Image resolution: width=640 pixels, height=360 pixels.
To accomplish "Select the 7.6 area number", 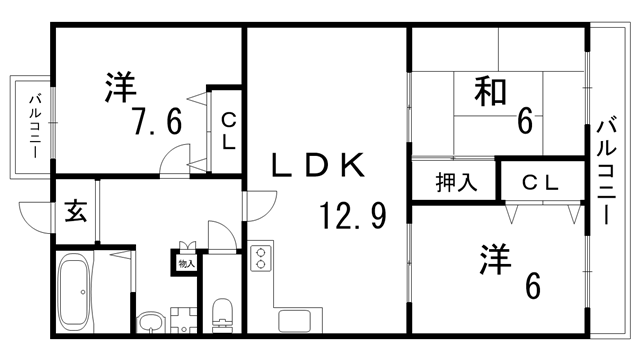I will (158, 123).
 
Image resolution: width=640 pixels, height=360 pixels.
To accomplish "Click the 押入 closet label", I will (454, 183).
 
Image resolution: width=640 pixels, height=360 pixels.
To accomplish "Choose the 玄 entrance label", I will (76, 211).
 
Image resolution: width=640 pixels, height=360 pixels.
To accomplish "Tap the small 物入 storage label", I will (185, 264).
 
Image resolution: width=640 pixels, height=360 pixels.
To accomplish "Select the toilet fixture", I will (222, 312).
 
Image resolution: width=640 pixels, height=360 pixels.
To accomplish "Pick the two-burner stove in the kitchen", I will (260, 262).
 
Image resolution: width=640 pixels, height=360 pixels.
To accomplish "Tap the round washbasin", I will (151, 323).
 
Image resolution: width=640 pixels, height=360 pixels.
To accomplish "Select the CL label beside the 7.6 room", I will (228, 131).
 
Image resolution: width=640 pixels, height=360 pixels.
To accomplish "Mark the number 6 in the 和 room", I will (524, 121).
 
